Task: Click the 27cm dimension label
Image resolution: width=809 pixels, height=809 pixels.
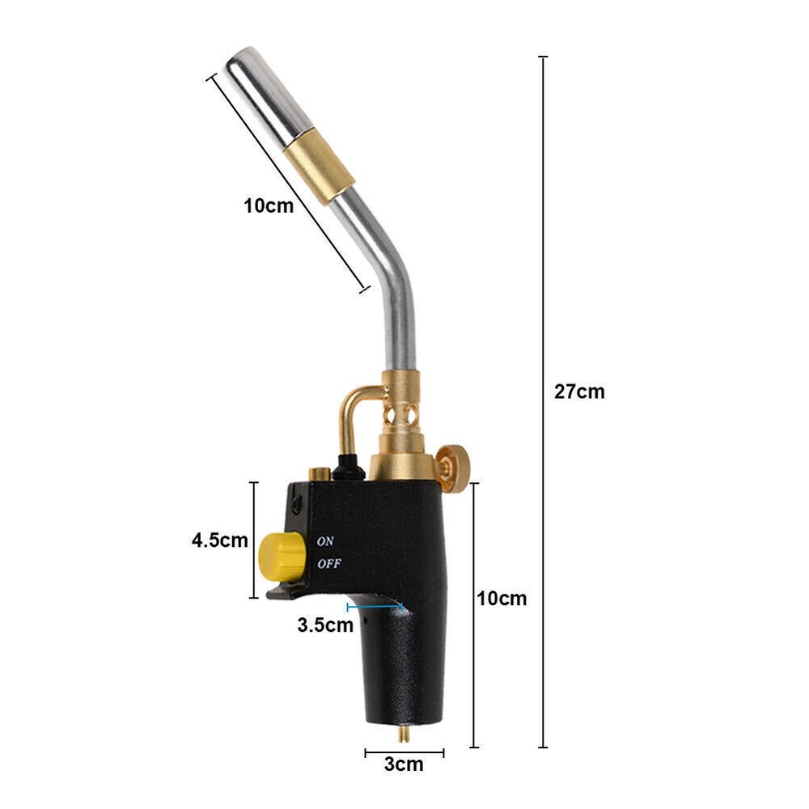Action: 579,392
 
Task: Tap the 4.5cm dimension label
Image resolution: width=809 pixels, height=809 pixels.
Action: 219,540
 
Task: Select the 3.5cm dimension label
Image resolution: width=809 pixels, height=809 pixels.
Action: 325,625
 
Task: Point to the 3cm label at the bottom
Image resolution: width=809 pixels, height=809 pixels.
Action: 404,765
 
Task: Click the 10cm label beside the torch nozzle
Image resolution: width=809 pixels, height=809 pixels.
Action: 269,205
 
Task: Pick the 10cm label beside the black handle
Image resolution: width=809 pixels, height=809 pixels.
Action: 502,599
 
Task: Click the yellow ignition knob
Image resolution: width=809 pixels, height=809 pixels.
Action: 279,556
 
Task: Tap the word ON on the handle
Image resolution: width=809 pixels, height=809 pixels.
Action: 325,540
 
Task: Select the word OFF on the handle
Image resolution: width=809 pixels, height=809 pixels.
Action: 328,564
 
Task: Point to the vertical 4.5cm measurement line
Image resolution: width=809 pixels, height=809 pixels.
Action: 254,540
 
